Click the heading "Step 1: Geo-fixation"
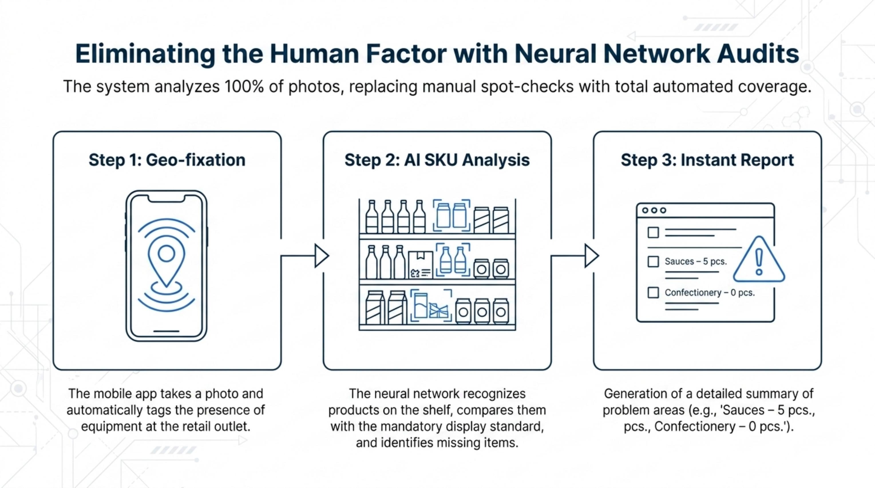(x=167, y=160)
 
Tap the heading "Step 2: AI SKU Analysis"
(x=437, y=160)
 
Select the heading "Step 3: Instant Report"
(x=707, y=160)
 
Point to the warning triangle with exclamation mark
(x=759, y=260)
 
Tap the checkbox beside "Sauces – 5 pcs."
(x=653, y=262)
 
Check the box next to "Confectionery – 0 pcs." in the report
(x=653, y=292)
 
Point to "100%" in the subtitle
(x=244, y=87)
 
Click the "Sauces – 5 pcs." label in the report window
(x=696, y=262)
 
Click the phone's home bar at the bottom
(x=167, y=331)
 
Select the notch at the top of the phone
(x=167, y=199)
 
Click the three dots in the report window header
(x=654, y=210)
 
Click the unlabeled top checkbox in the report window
(x=653, y=232)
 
